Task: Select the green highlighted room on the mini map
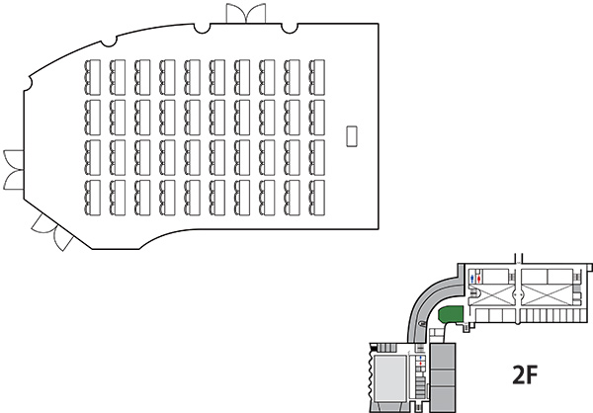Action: [x=451, y=315]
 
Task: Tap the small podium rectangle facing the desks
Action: [x=350, y=134]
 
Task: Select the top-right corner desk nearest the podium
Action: [x=318, y=72]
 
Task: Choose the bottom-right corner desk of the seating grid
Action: [x=318, y=193]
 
